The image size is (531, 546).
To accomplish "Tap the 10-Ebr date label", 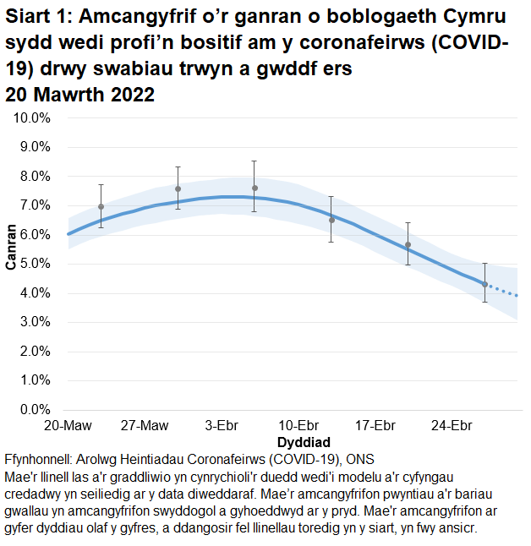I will point(298,424).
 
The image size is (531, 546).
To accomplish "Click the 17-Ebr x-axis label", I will point(375,424).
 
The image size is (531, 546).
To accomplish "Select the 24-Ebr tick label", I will point(452,424).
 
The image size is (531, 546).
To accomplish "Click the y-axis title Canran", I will point(11,247).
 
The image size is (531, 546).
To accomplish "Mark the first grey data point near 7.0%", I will point(101,206).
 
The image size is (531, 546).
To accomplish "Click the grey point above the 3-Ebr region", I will point(255,188).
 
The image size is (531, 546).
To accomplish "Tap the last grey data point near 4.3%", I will point(484,284).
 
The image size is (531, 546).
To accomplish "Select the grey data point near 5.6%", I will point(408,245).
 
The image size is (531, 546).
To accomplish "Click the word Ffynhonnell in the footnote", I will point(38,460).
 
